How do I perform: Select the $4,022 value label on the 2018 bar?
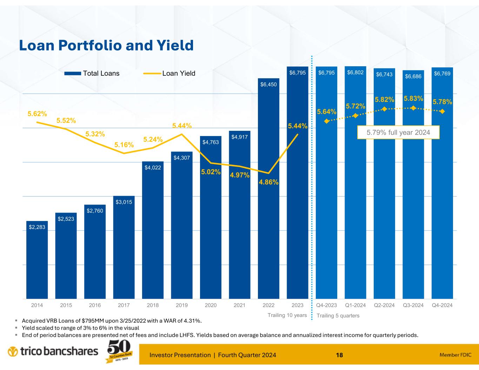click(x=153, y=168)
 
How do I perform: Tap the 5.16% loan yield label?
click(x=124, y=145)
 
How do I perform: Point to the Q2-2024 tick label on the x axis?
click(x=384, y=305)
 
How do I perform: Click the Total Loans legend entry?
click(x=92, y=73)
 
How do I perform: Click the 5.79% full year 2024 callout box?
click(x=398, y=133)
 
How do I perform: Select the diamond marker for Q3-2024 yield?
click(x=413, y=108)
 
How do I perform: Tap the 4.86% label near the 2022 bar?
click(x=268, y=182)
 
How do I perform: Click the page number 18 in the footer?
click(x=339, y=355)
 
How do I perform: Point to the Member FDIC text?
click(x=455, y=355)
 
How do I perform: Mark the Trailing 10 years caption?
click(x=287, y=315)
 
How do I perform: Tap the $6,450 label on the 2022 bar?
click(x=268, y=85)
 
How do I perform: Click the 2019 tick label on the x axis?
click(x=182, y=305)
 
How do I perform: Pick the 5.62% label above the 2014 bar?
click(x=37, y=114)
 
